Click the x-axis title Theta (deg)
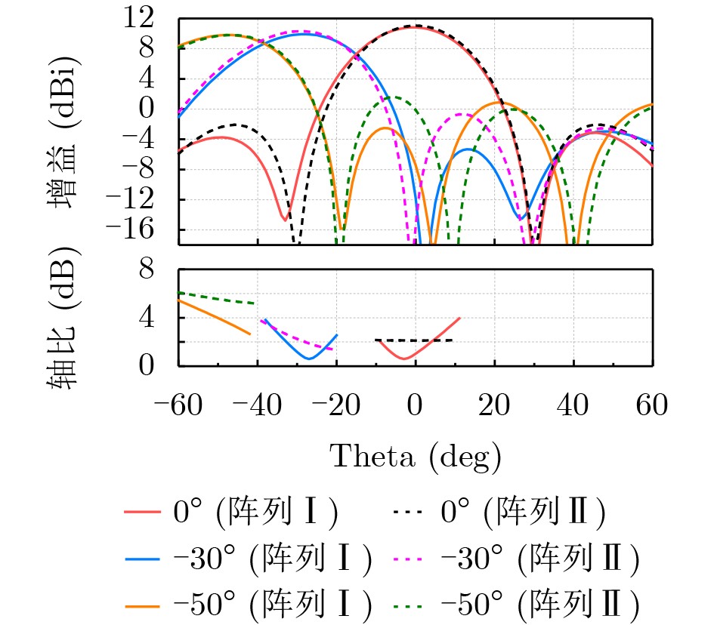(415, 455)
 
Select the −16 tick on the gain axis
(151, 229)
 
